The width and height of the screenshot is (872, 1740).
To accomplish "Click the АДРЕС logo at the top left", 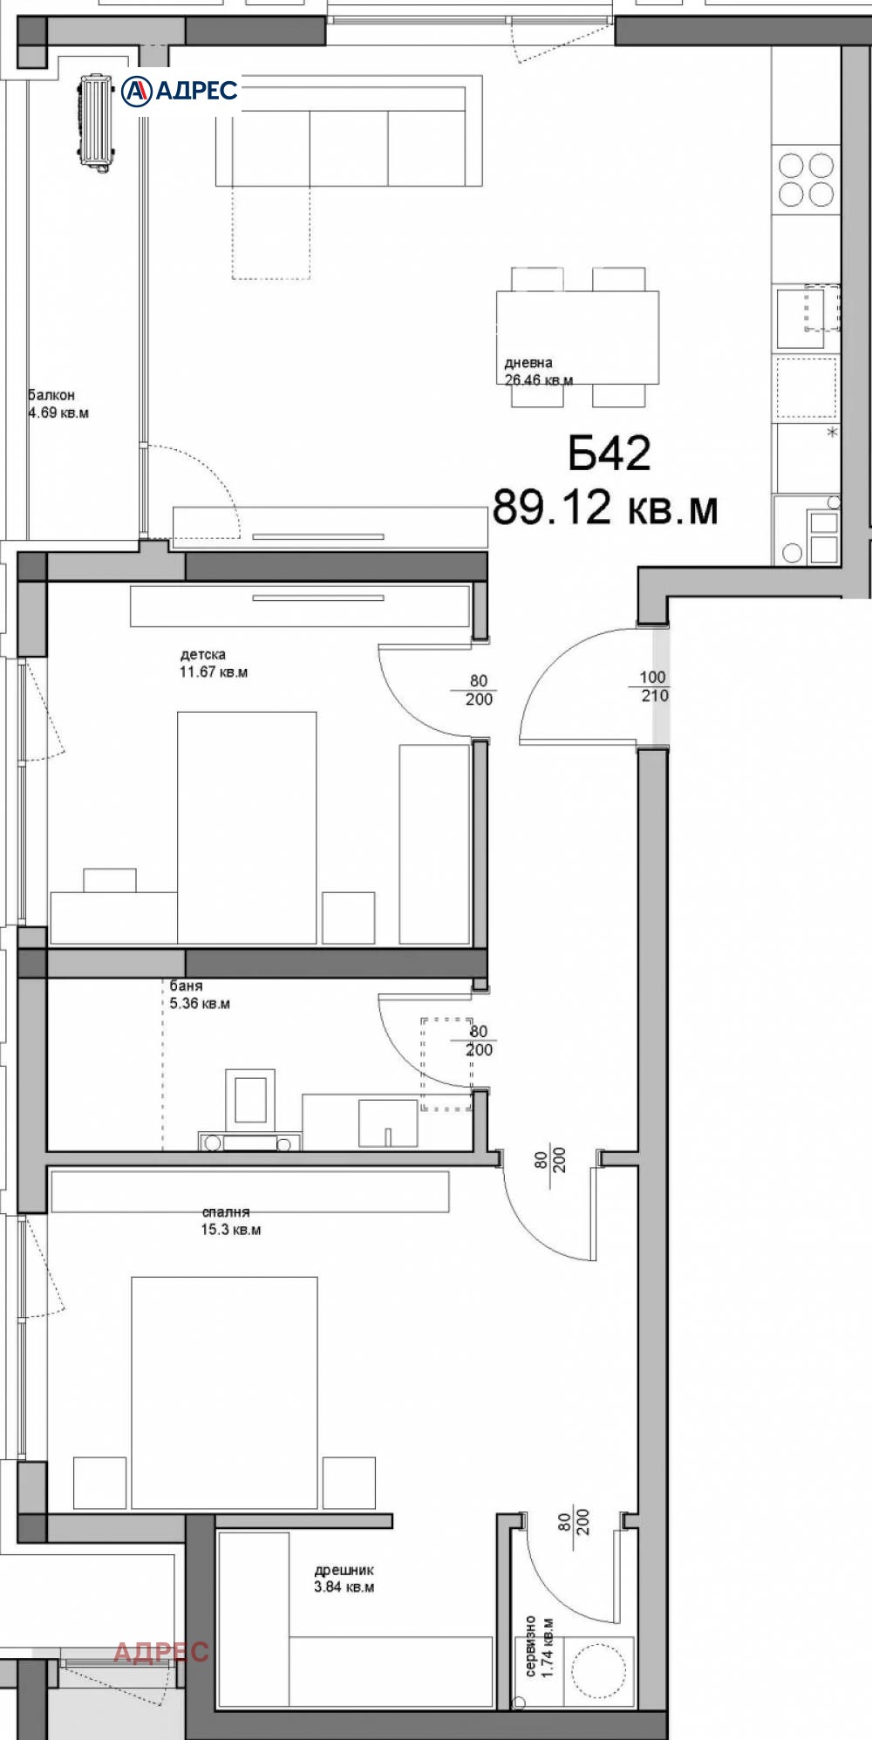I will (179, 90).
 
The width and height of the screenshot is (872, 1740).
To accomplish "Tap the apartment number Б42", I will (610, 454).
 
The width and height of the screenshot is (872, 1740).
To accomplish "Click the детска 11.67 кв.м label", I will (213, 663).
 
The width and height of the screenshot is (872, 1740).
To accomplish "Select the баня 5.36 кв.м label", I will (200, 994).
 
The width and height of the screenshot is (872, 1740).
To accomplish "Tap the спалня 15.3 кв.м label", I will (231, 1221).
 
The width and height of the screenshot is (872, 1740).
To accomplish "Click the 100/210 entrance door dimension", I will (653, 686).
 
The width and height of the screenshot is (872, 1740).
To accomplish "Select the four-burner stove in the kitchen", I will (806, 179).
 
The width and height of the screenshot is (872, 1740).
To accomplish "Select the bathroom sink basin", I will (387, 1122).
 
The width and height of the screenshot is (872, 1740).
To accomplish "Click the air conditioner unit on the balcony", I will (97, 119).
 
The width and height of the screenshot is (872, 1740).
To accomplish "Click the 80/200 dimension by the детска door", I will (479, 690).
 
